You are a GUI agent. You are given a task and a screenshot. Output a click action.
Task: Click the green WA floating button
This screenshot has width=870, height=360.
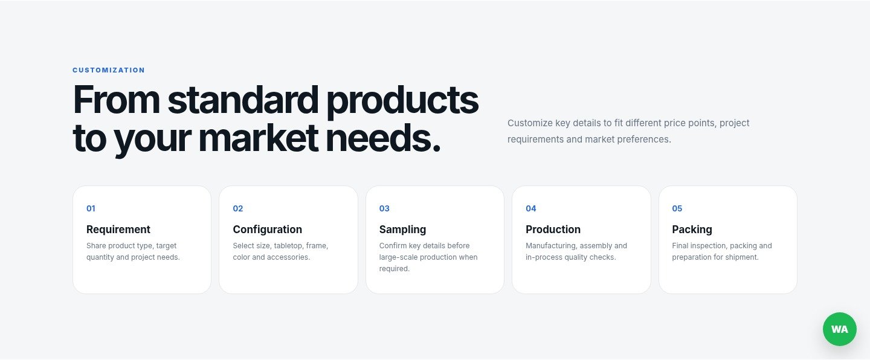pos(839,329)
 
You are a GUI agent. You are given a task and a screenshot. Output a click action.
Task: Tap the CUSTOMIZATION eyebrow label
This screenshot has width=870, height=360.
pos(109,70)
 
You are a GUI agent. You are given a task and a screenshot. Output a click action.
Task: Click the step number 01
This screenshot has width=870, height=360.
pos(91,208)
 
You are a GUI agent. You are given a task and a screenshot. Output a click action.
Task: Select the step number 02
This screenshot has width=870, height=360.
pos(237,208)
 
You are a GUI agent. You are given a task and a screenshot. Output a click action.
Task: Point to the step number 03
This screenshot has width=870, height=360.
pos(384,208)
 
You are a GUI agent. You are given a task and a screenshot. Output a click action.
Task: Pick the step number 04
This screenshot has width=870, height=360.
pos(530,208)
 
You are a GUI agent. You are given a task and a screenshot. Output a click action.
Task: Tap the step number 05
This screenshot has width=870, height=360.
pos(677,208)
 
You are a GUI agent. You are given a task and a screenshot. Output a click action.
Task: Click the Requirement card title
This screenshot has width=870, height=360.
pos(118,230)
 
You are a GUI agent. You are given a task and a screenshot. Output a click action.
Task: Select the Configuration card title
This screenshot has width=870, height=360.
pos(267,230)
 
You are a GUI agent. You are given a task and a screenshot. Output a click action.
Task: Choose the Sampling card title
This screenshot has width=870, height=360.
pos(402,230)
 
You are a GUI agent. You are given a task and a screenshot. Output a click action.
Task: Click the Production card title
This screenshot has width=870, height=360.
pos(553,230)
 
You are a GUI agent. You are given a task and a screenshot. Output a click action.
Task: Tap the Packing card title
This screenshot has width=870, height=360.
pos(692,230)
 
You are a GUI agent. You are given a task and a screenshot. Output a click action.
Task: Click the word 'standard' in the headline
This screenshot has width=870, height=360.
pos(243,100)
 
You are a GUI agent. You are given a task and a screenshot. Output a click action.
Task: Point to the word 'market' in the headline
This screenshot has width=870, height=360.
pos(259,138)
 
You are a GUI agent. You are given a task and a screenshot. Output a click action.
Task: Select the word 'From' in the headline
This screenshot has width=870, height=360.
pos(116,100)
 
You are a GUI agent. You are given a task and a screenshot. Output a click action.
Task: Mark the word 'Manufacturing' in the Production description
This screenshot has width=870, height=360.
pos(552,246)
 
